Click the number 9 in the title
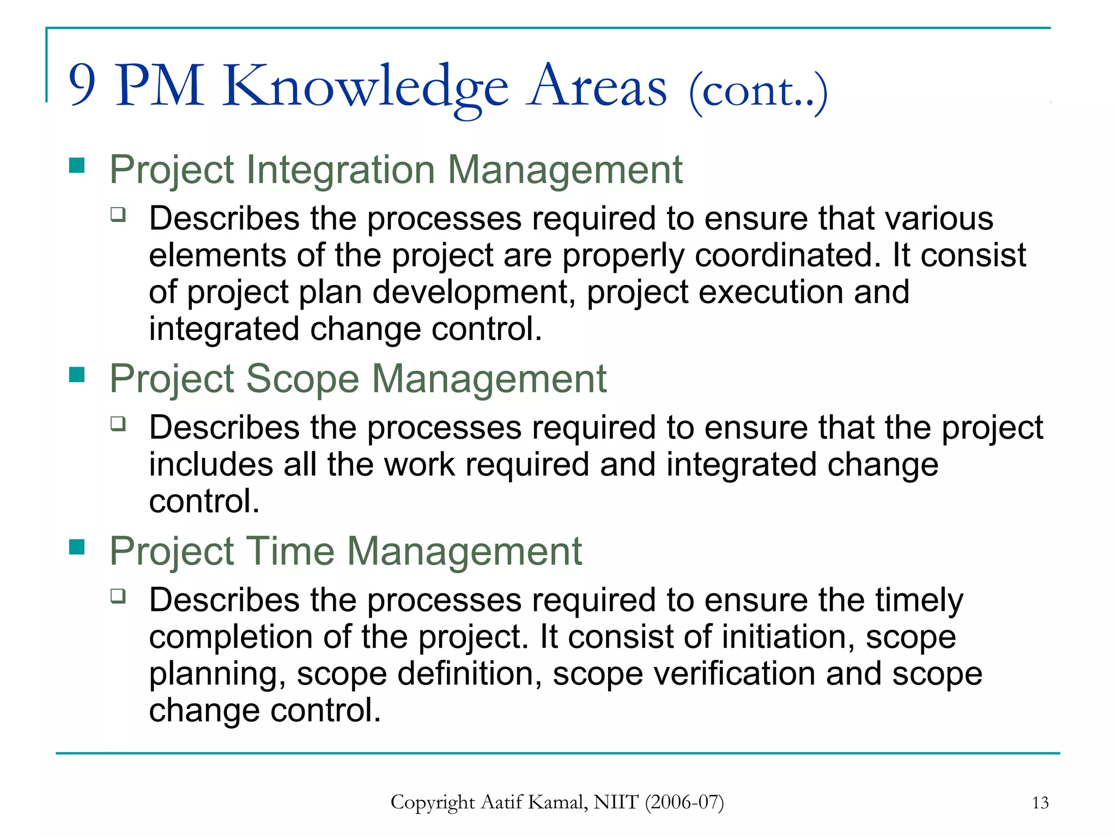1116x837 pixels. pyautogui.click(x=82, y=86)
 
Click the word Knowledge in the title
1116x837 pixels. pyautogui.click(x=365, y=87)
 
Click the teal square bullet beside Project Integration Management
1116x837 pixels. pyautogui.click(x=77, y=165)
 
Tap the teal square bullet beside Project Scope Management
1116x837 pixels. pyautogui.click(x=77, y=374)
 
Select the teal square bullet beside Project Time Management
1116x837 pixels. pyautogui.click(x=77, y=547)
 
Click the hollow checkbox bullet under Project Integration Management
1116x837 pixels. pyautogui.click(x=118, y=214)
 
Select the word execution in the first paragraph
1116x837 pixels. pyautogui.click(x=771, y=292)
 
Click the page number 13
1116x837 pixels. pyautogui.click(x=1040, y=803)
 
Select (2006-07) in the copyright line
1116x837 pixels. pyautogui.click(x=684, y=802)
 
